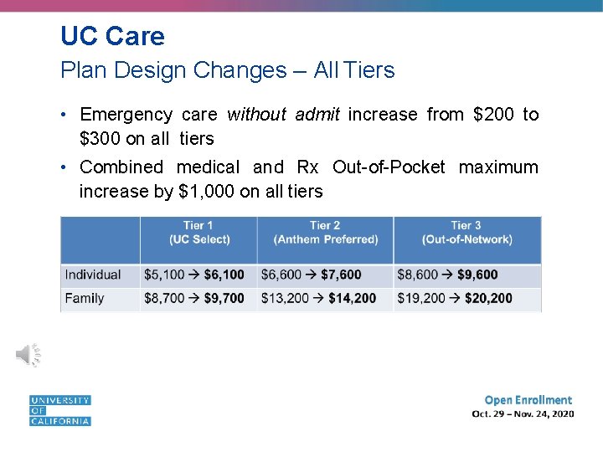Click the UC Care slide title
[112, 36]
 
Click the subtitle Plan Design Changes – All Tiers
[227, 70]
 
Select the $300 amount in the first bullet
[100, 138]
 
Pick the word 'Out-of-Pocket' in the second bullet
[389, 167]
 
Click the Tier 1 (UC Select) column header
[198, 232]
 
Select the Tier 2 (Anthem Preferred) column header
[325, 232]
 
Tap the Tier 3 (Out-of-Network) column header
[466, 232]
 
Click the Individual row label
[93, 275]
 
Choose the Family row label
[85, 298]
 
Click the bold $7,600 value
[341, 275]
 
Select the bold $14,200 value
[352, 298]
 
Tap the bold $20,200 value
[488, 298]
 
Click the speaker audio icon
[28, 355]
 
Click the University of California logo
[60, 410]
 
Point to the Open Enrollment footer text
[528, 400]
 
